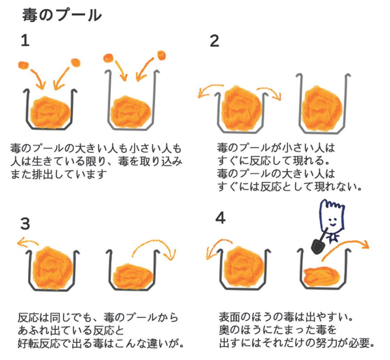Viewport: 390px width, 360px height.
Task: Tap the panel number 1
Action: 25,41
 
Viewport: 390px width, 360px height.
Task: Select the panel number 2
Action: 214,41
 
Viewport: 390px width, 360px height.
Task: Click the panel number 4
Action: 220,219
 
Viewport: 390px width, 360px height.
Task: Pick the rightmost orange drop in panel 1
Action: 161,55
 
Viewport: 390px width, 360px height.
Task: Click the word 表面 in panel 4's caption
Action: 229,317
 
